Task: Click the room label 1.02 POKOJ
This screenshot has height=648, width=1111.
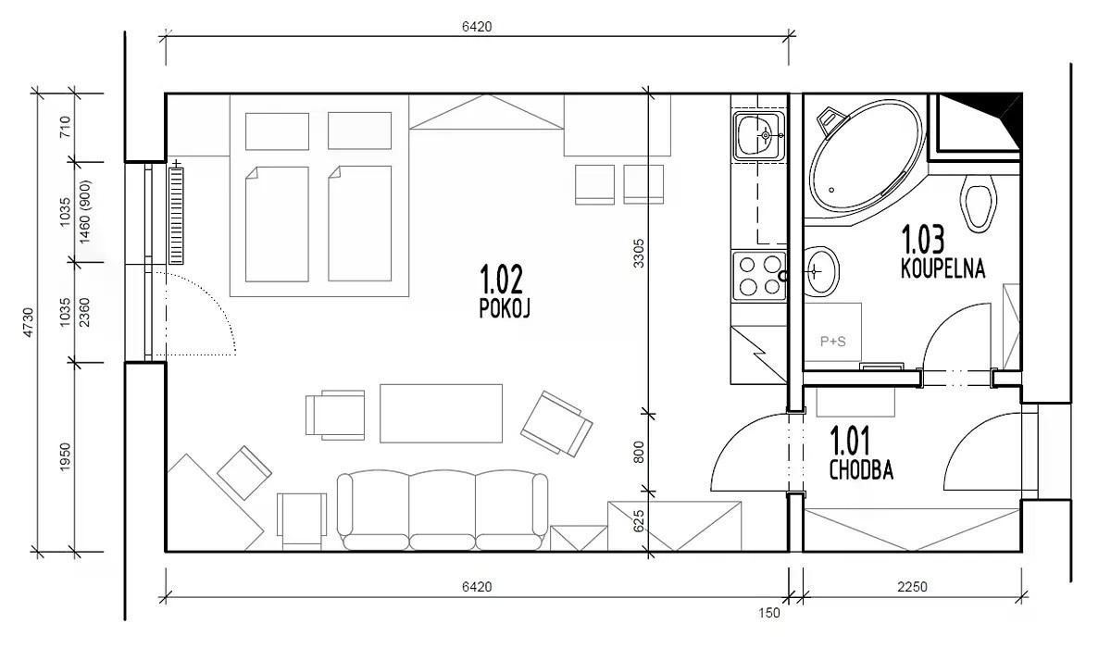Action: click(x=505, y=292)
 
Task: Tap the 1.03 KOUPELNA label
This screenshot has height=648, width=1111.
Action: click(x=942, y=252)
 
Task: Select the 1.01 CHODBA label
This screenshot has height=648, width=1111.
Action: click(x=861, y=455)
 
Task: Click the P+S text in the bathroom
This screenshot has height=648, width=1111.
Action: click(x=832, y=341)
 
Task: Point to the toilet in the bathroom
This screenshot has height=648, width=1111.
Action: click(x=979, y=203)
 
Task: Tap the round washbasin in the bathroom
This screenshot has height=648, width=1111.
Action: click(x=821, y=271)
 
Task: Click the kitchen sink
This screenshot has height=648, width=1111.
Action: click(x=759, y=135)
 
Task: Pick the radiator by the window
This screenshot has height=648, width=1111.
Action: click(x=176, y=215)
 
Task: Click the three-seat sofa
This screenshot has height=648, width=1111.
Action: click(x=443, y=510)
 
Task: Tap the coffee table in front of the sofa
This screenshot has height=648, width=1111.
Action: click(x=441, y=413)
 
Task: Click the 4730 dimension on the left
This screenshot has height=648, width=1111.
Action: click(x=29, y=322)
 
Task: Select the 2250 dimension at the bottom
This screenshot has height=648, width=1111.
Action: click(x=912, y=587)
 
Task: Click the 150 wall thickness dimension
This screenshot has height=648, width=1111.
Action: click(x=769, y=613)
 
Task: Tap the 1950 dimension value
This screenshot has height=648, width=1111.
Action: click(x=65, y=457)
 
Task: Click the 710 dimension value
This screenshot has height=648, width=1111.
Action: click(x=65, y=127)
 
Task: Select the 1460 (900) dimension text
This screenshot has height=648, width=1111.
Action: click(x=85, y=212)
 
